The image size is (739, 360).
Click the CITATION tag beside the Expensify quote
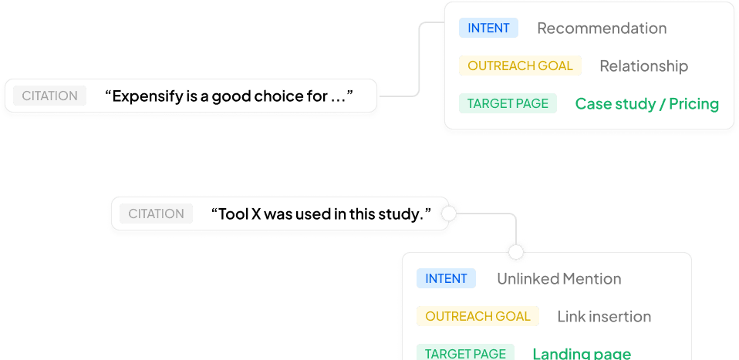click(49, 96)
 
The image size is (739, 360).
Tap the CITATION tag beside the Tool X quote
click(157, 214)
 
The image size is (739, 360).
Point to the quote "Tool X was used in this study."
click(320, 214)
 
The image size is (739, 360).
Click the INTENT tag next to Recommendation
click(488, 28)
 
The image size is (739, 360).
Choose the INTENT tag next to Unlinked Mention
click(446, 278)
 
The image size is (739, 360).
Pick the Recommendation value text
click(602, 29)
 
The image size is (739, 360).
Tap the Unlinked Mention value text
click(558, 278)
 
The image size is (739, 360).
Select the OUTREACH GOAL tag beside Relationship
click(520, 66)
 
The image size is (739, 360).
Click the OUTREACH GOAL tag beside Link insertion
click(477, 316)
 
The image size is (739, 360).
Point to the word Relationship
click(643, 66)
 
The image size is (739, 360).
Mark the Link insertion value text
click(604, 316)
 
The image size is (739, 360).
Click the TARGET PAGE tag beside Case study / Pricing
click(508, 103)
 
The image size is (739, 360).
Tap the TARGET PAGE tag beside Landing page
click(465, 353)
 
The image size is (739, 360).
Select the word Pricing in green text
click(693, 103)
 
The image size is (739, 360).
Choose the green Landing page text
click(582, 353)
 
